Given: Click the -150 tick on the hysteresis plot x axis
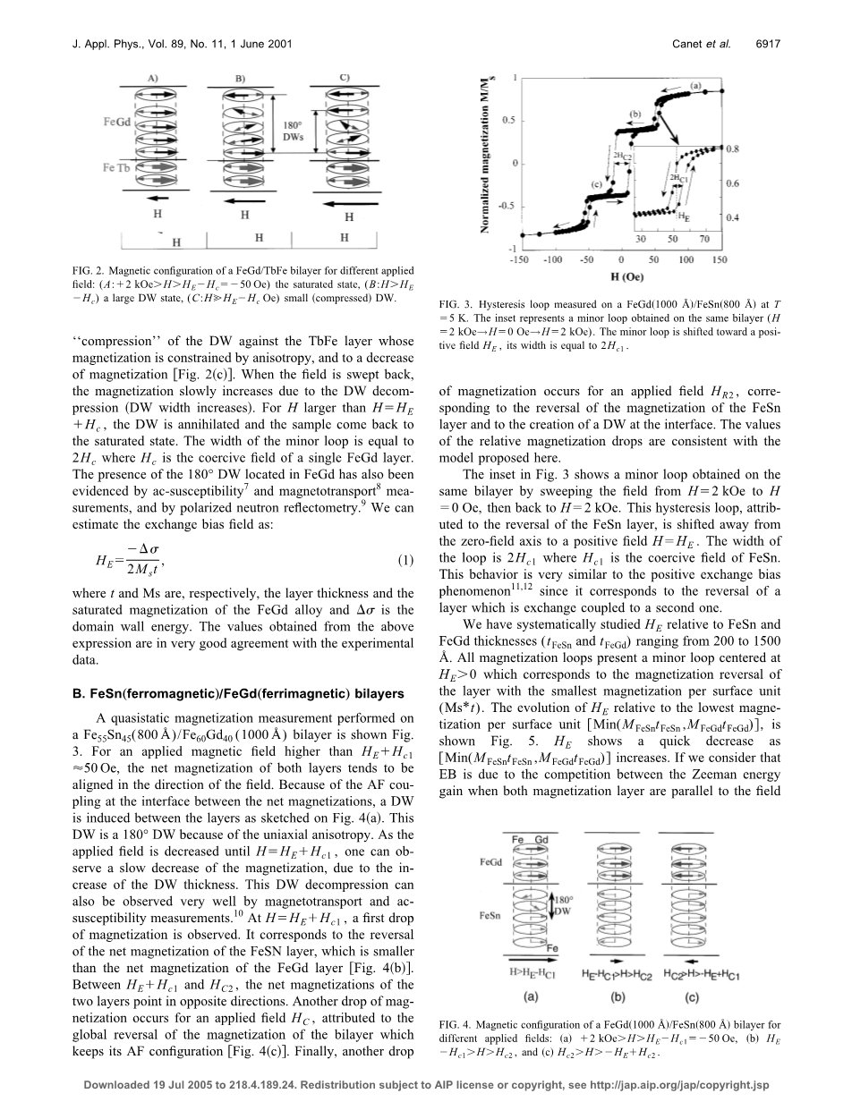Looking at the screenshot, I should [513, 259].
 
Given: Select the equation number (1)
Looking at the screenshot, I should [405, 561].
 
